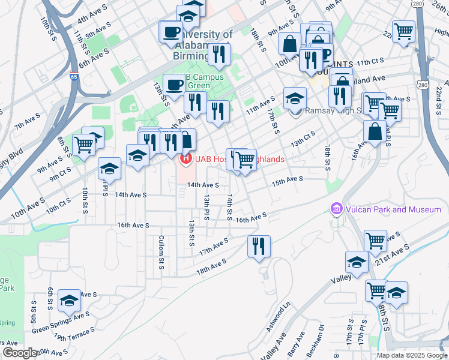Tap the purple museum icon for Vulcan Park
click(336, 209)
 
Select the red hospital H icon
click(186, 159)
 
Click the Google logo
click(19, 352)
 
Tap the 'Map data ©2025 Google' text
click(412, 355)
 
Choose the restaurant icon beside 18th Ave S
click(259, 246)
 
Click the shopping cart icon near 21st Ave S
click(376, 240)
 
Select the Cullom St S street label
click(161, 252)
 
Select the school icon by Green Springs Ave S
click(70, 300)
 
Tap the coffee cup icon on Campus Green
click(174, 84)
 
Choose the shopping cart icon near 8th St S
click(83, 144)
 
